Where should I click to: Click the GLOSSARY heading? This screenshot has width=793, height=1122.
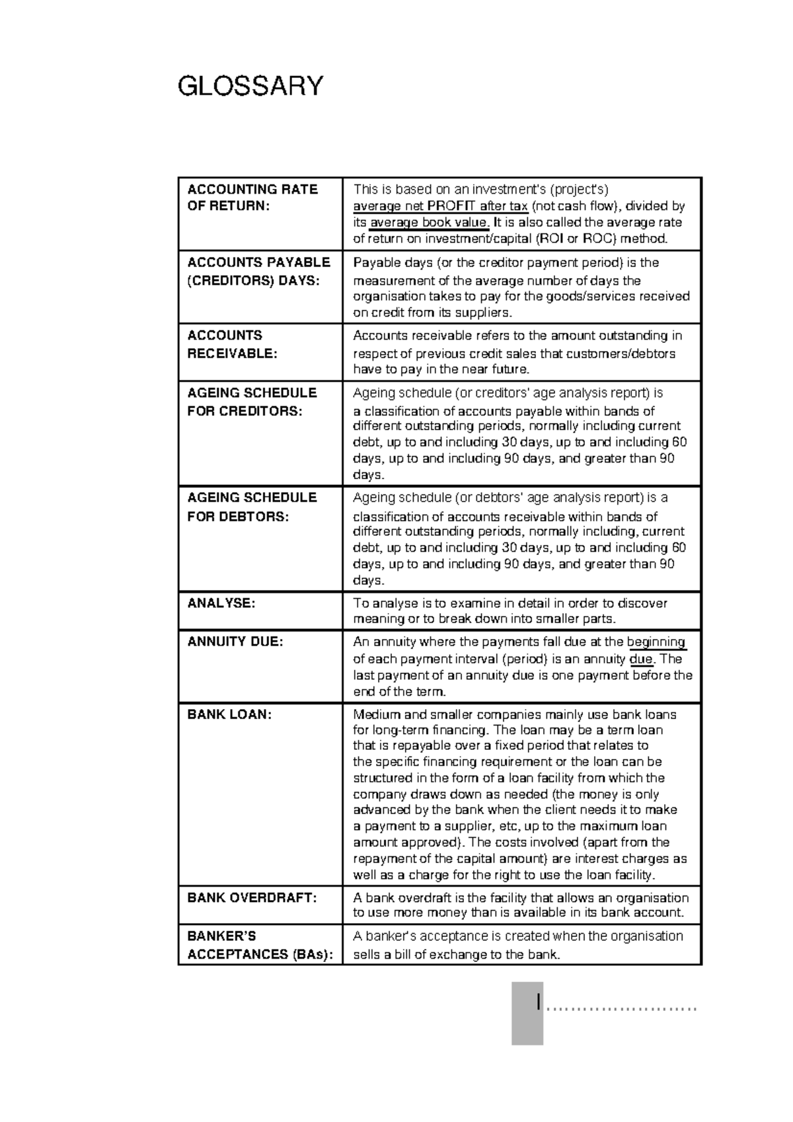(x=251, y=86)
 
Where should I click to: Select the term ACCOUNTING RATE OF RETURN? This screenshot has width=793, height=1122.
(x=252, y=198)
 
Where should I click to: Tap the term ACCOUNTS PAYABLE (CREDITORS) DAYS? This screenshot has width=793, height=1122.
(x=258, y=272)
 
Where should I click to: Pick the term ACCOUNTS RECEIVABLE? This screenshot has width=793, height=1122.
(x=232, y=344)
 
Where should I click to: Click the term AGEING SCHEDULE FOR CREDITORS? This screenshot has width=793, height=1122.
(x=252, y=402)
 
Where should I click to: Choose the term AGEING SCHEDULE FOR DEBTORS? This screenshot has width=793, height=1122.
(x=252, y=507)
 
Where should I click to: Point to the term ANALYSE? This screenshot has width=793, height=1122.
(x=221, y=603)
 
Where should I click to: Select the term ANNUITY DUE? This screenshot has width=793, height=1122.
(x=235, y=642)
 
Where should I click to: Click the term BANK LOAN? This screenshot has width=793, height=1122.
(x=229, y=714)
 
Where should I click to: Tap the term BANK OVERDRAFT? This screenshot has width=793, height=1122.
(x=252, y=898)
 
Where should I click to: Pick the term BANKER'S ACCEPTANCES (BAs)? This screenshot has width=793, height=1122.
(x=260, y=945)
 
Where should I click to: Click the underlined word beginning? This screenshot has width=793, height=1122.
(x=656, y=642)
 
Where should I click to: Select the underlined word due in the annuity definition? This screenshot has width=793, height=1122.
(x=641, y=659)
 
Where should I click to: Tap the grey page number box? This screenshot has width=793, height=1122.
(x=527, y=1013)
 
